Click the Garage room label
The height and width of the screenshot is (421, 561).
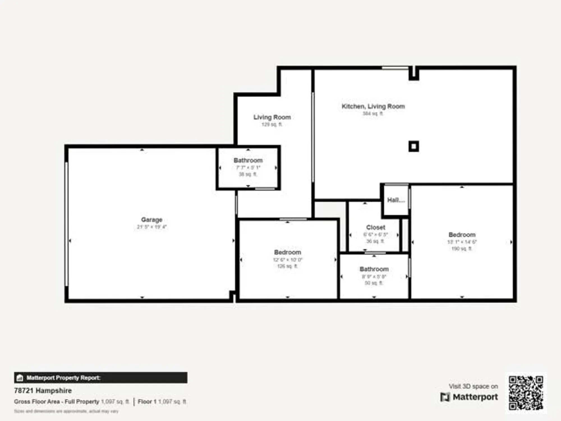[x=151, y=220]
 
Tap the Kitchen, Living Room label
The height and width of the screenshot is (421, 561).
[x=373, y=106]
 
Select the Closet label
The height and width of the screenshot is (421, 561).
[x=376, y=227]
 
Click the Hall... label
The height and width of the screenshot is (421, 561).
[x=396, y=200]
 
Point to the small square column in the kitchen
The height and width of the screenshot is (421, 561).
[x=413, y=146]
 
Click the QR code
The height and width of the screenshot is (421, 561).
[x=526, y=393]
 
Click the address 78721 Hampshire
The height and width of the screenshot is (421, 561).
[x=43, y=390]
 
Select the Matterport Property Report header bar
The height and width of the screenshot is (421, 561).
[x=101, y=378]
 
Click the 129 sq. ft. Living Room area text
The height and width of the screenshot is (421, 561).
[x=272, y=124]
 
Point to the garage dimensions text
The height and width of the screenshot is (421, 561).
[x=151, y=227]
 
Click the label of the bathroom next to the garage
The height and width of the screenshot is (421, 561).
[x=248, y=160]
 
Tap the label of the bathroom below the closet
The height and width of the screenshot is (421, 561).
[x=374, y=269]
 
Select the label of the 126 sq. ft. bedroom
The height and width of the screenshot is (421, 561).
[x=288, y=252]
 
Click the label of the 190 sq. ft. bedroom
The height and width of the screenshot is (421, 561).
[x=462, y=235]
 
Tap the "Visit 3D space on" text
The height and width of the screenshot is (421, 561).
[x=473, y=386]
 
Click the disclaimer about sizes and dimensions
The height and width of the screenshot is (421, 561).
[x=66, y=411]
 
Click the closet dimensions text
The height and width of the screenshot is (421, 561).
[x=375, y=235]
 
